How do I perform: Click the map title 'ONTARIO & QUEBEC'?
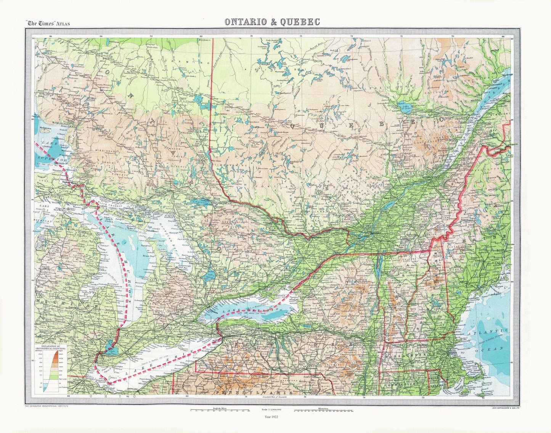tap(272, 22)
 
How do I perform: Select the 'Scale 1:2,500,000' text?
tap(271, 409)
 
